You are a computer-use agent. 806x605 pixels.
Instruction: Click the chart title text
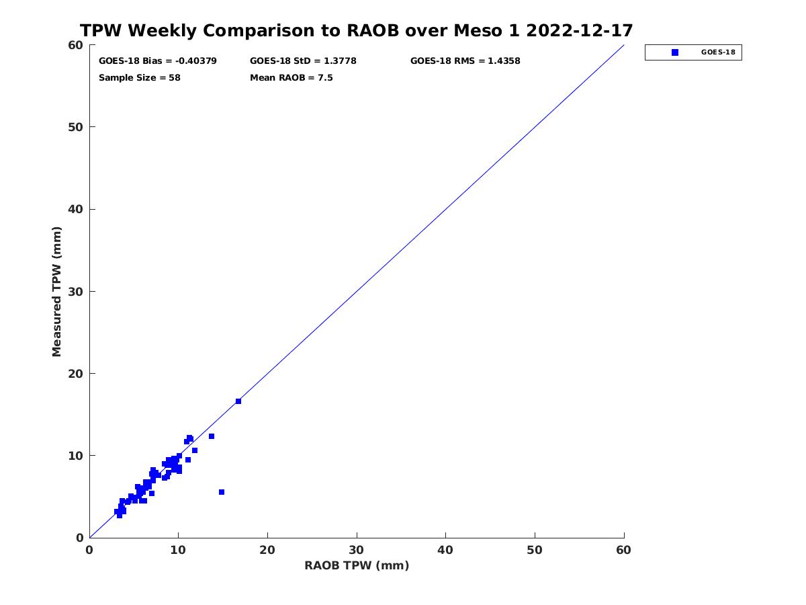[x=356, y=30]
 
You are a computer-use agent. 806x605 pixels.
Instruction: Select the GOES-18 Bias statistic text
[x=158, y=61]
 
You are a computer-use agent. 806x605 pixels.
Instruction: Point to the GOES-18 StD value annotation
[x=303, y=61]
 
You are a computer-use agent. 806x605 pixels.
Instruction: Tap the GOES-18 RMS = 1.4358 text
[x=465, y=61]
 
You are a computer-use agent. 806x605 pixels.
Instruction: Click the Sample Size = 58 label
[x=140, y=77]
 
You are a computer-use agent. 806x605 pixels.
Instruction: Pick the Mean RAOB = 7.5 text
[x=292, y=77]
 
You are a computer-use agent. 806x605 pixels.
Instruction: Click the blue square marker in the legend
[x=674, y=52]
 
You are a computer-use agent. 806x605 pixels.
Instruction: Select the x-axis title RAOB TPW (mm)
[x=357, y=565]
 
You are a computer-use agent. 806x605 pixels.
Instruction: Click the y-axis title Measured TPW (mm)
[x=56, y=291]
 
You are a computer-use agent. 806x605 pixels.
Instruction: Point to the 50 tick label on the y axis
[x=76, y=127]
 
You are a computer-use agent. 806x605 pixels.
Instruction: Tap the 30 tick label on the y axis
[x=76, y=292]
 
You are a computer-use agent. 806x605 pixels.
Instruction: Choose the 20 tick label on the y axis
[x=76, y=374]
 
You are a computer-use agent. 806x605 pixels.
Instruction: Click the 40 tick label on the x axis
[x=445, y=550]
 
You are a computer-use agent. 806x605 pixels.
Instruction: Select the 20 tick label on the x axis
[x=267, y=550]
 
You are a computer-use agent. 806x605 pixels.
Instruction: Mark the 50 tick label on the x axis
[x=535, y=550]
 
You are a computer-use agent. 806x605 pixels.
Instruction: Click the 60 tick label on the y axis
[x=76, y=45]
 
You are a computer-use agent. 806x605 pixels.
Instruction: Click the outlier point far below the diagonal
[x=222, y=492]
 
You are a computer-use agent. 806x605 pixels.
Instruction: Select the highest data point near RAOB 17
[x=238, y=401]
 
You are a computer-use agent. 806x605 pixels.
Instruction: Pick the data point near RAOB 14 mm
[x=212, y=436]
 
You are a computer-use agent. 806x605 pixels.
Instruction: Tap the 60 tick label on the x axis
[x=623, y=550]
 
